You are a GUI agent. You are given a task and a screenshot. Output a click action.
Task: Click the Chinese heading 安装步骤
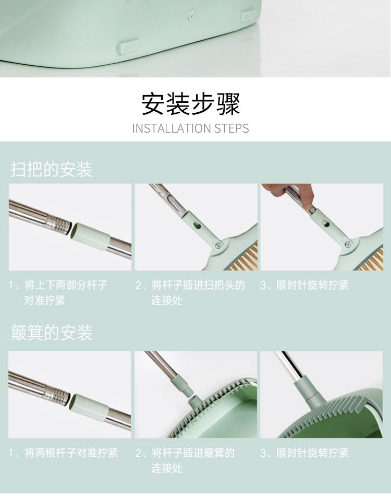[190, 104]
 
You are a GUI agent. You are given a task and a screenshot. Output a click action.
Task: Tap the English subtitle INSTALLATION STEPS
[190, 128]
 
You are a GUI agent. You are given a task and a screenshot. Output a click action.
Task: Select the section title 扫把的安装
[51, 169]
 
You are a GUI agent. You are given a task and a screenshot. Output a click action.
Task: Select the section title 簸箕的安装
[52, 333]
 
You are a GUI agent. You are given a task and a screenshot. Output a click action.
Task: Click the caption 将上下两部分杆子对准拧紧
[58, 292]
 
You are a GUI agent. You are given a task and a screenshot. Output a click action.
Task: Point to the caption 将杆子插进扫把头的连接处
[190, 292]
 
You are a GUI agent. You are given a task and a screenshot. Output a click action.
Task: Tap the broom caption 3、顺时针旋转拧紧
[304, 285]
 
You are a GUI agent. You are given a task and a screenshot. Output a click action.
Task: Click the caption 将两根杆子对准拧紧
[63, 453]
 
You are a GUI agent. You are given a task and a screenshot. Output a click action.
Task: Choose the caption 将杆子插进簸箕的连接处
[185, 460]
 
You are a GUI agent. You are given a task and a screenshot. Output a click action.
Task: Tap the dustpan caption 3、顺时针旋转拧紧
[304, 453]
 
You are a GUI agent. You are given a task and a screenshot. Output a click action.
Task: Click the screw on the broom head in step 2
[218, 245]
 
